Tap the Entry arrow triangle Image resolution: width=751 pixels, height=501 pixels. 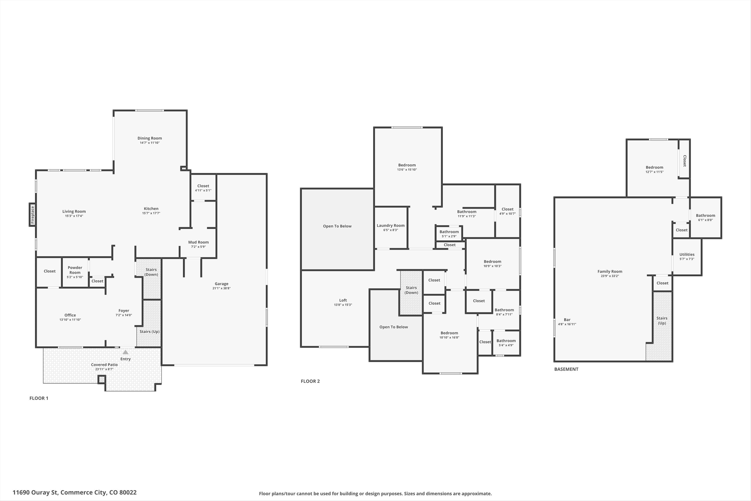pos(125,352)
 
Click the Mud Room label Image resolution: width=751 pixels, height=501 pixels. pos(198,242)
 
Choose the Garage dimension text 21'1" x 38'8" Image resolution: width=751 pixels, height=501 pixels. pos(221,288)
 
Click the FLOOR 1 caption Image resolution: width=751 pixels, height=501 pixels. pos(39,398)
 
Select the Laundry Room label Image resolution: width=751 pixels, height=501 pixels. pos(391,225)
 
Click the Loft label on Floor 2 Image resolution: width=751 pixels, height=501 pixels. pos(343,300)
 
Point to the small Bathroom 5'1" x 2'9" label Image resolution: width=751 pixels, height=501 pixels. pos(449,232)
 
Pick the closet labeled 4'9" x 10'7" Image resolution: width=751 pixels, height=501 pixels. pos(507,211)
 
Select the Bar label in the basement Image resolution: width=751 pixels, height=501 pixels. pos(567,320)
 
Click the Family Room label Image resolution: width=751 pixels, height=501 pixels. pos(610,271)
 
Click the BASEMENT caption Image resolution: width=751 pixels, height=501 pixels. pos(566,369)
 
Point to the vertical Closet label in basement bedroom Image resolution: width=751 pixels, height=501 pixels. pos(684,161)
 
